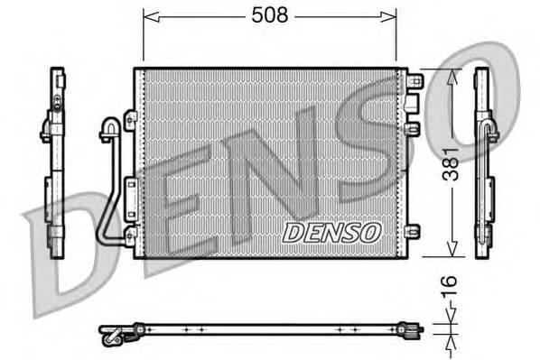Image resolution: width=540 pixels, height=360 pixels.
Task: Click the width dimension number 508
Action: pyautogui.click(x=268, y=15)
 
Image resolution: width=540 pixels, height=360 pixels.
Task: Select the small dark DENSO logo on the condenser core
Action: pyautogui.click(x=332, y=232)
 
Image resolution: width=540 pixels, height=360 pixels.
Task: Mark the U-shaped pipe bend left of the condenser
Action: pyautogui.click(x=108, y=128)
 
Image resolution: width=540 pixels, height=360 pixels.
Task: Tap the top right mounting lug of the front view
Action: pyautogui.click(x=414, y=81)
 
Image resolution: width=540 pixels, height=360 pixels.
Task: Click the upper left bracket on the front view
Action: pyautogui.click(x=130, y=120)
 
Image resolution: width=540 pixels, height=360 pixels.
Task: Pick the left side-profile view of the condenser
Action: pyautogui.click(x=54, y=162)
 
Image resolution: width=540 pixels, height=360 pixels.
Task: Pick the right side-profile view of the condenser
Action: pyautogui.click(x=484, y=162)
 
